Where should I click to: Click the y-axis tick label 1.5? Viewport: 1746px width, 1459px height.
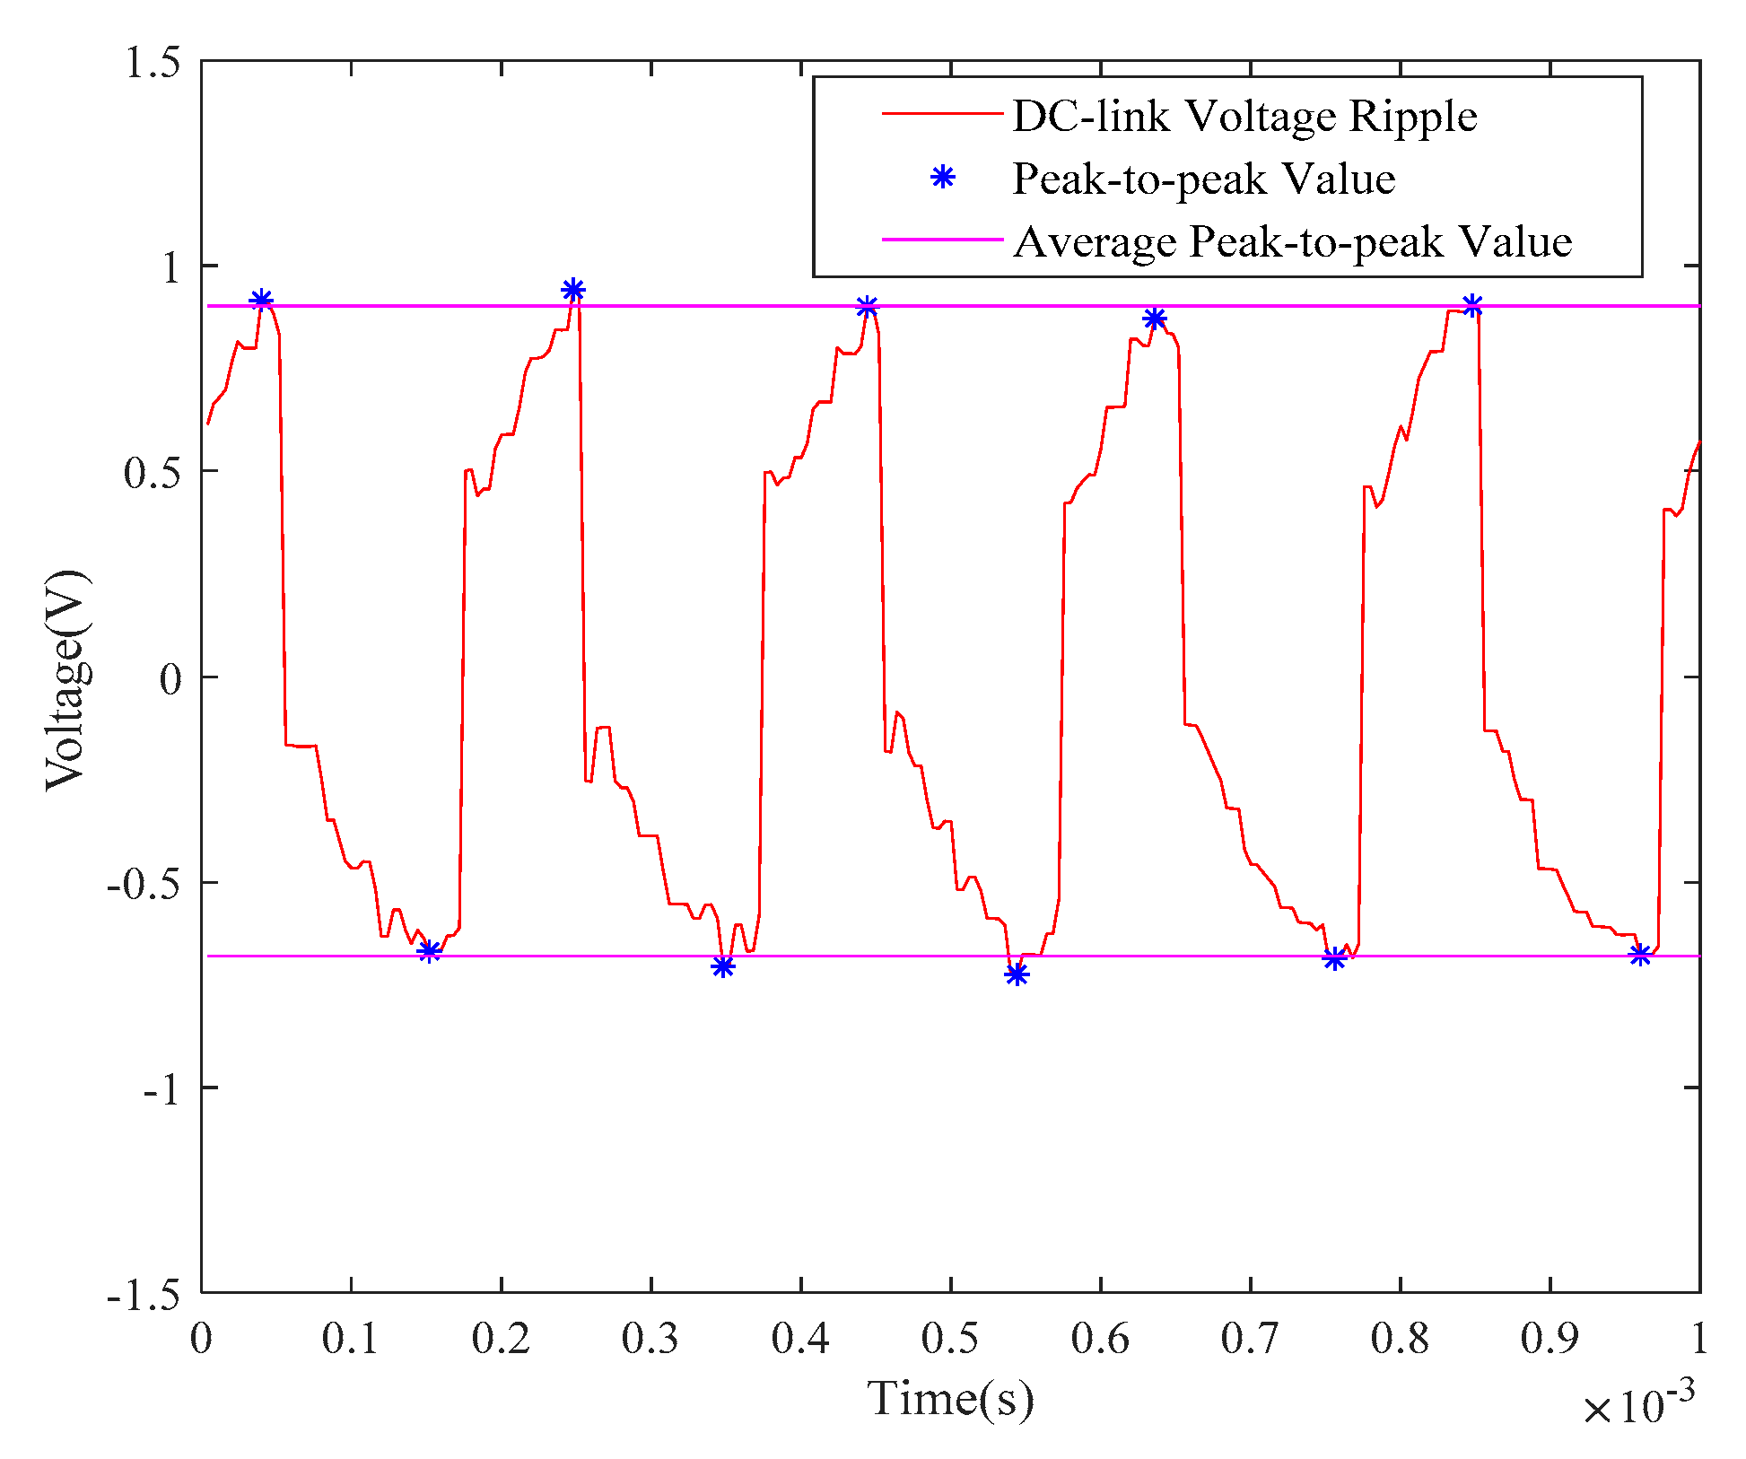(152, 63)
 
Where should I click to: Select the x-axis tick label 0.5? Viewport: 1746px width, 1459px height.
(949, 1339)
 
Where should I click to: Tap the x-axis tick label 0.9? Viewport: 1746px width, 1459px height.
(1549, 1339)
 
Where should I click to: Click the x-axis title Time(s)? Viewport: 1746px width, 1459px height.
(949, 1398)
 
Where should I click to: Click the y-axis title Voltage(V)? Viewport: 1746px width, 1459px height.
(67, 678)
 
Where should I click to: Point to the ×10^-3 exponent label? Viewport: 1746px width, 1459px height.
(1638, 1406)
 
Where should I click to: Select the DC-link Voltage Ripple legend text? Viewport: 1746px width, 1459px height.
(1244, 116)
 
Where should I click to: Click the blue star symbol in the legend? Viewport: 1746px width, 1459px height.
(942, 178)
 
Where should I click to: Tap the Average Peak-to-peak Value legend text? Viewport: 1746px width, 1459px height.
(1292, 241)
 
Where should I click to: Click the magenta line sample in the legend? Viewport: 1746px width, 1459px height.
(942, 240)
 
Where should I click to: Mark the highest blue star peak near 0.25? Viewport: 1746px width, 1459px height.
(573, 290)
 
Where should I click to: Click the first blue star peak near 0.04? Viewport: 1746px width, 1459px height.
(261, 301)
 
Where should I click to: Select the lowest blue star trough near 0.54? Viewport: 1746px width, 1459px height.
(1017, 974)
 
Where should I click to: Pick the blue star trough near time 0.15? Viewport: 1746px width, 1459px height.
(430, 951)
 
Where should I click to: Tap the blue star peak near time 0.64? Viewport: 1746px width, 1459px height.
(1155, 319)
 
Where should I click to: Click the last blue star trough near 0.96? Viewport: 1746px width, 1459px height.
(1640, 955)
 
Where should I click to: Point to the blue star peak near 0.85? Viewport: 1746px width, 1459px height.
(1472, 306)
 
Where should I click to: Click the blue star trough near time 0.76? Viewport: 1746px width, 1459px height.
(1334, 959)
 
